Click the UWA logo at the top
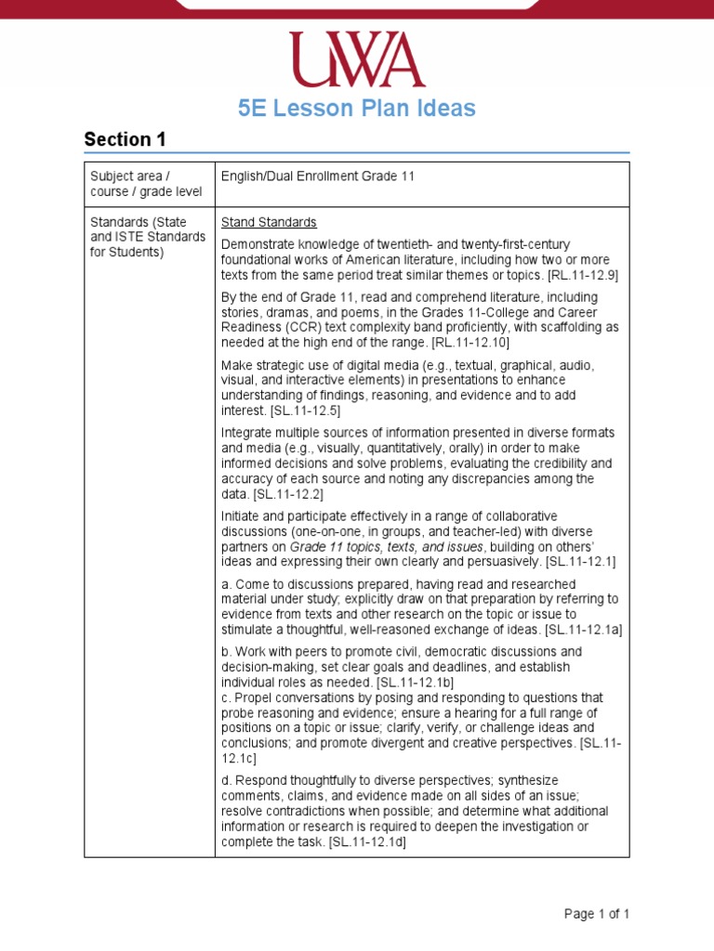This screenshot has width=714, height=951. pos(356,60)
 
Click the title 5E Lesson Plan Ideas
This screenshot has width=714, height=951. pos(356,109)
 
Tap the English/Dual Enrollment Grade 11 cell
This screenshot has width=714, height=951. pos(317,176)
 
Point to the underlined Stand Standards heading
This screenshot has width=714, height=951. pos(269,223)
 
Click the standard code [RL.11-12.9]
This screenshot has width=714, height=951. pos(583,275)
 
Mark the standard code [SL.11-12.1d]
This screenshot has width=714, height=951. pos(367,841)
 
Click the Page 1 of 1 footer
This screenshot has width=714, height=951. pos(597,914)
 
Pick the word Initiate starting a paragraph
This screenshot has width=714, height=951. pos(242,516)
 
